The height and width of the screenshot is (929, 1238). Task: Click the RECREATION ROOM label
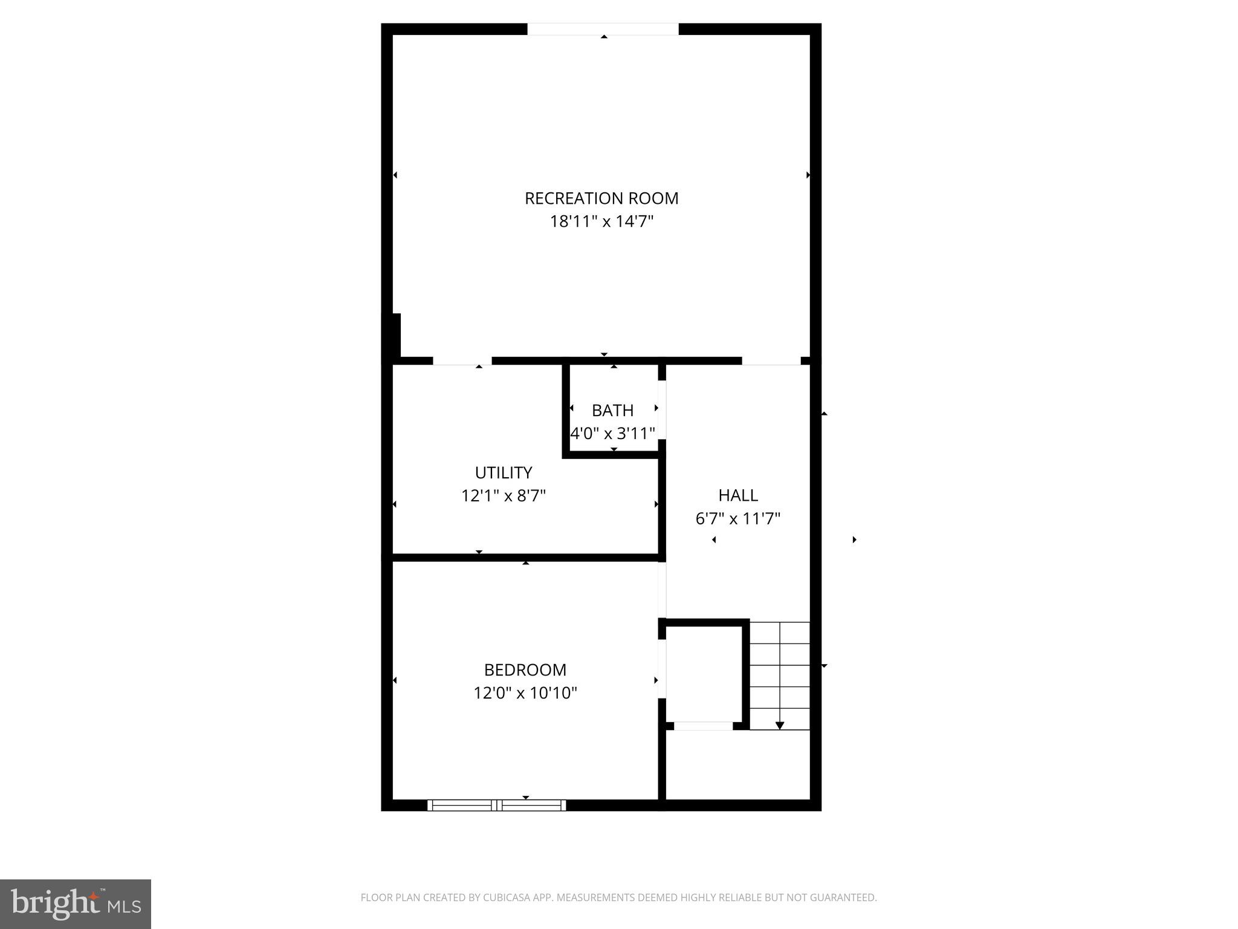[601, 198]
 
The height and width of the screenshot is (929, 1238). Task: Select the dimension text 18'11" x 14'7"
[601, 221]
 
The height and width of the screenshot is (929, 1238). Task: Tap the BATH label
[612, 411]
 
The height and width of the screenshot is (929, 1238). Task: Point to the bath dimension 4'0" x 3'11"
[613, 434]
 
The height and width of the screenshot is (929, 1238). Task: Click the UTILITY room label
[503, 472]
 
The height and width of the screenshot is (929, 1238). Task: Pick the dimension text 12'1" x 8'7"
[503, 496]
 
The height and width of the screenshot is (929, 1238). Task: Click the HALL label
[737, 495]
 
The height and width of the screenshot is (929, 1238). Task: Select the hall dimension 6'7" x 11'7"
[737, 519]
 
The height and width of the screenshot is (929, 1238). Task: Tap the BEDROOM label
[525, 670]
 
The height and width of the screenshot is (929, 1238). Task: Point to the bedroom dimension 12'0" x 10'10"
[525, 693]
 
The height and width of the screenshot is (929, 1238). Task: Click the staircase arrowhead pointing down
[780, 725]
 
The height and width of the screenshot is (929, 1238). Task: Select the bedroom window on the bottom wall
[497, 804]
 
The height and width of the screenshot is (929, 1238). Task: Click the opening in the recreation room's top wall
[603, 29]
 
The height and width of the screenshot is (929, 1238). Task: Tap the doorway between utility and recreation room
[462, 361]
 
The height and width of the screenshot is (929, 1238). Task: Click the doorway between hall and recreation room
[771, 361]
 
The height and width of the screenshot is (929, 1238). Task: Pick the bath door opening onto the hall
[662, 409]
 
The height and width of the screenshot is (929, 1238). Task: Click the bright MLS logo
[75, 904]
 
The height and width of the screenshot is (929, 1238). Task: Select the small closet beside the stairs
[704, 674]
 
